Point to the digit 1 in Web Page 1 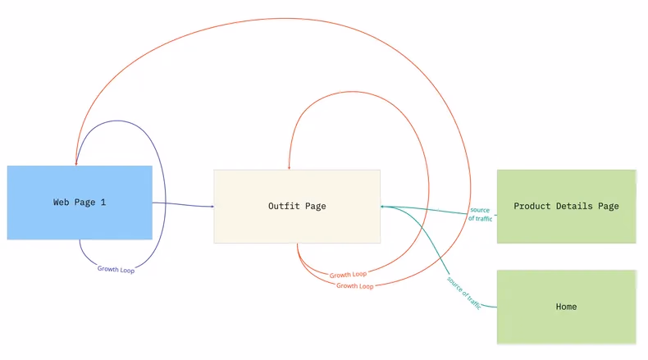[103, 202]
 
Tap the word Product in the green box [532, 206]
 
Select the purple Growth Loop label [116, 269]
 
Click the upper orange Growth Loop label [348, 275]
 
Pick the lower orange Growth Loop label [354, 286]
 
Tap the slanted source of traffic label [464, 292]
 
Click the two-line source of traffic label [480, 215]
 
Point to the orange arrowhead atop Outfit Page [289, 166]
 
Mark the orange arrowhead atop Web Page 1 [76, 162]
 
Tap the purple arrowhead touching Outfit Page [210, 206]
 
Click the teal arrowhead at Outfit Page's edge [384, 206]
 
